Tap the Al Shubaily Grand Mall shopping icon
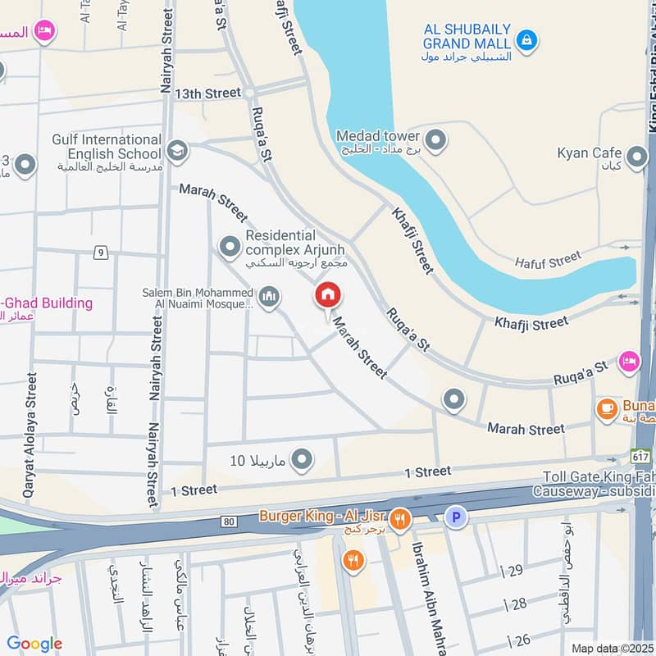coord(526,39)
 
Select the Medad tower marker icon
coord(436,140)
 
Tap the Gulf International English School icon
coord(176,150)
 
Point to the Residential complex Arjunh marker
coord(229,245)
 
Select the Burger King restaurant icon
coord(400,517)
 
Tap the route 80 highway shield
coord(228,521)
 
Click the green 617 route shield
coord(640,455)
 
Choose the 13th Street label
coord(207,94)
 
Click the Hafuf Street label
coord(548,262)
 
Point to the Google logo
coord(34,644)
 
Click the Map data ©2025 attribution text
coord(611,648)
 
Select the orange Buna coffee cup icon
coord(607,408)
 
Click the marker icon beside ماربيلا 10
coord(303,460)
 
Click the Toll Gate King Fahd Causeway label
coord(599,484)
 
